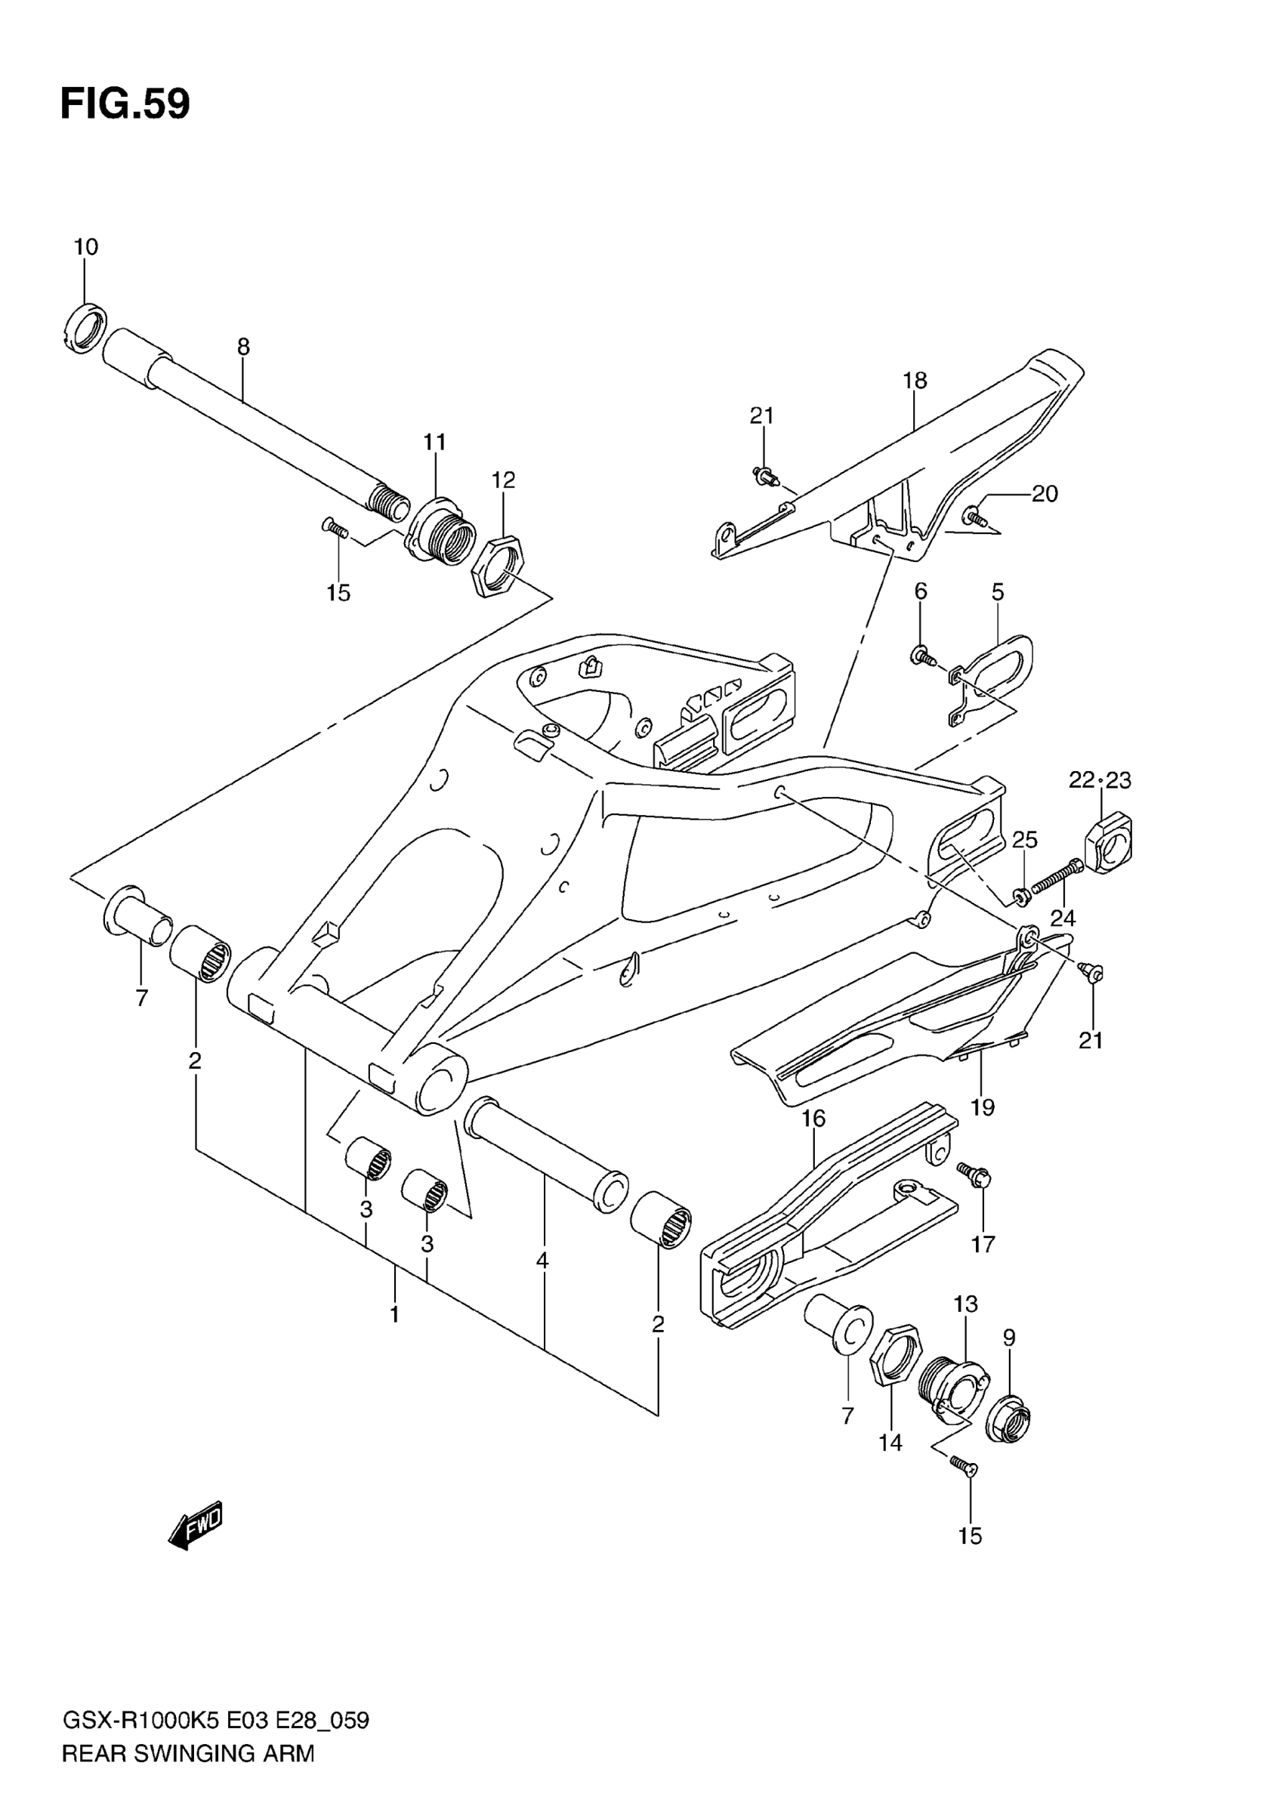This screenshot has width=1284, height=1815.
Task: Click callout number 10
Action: pos(85,248)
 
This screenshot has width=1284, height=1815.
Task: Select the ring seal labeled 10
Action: pos(84,327)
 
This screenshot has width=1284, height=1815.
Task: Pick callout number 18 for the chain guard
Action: pos(915,380)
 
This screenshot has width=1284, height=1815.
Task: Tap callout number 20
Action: pos(1045,493)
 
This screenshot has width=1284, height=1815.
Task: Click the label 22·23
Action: pos(1100,780)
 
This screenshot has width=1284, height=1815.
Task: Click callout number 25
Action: pos(1025,838)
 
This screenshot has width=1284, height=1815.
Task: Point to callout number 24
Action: pos(1063,918)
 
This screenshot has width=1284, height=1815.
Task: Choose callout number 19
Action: pos(982,1107)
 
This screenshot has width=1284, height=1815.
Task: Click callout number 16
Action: pos(813,1119)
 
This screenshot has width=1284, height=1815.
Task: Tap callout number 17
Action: pos(983,1244)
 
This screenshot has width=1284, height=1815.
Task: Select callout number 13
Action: pos(965,1304)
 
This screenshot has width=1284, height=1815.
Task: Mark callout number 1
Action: pos(394,1315)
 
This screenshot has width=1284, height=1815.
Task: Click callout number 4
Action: pos(542,1261)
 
